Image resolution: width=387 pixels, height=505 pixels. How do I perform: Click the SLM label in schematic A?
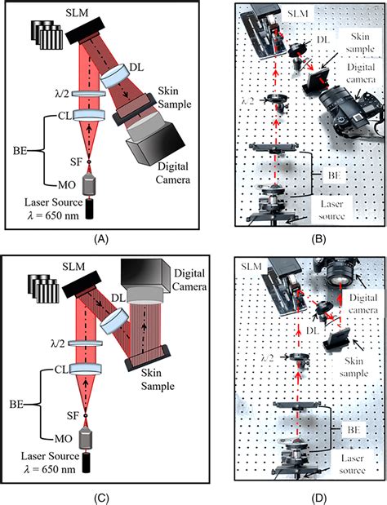point(78,13)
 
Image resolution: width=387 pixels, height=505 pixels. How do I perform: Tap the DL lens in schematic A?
point(113,76)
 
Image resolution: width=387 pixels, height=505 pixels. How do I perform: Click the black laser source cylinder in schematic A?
point(90,210)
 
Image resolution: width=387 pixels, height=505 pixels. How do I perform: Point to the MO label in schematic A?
point(67,185)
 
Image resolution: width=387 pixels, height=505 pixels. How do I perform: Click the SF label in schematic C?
point(73,416)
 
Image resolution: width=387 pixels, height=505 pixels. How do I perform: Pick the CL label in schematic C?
point(61,370)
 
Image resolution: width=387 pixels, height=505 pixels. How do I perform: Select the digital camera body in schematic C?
point(145,276)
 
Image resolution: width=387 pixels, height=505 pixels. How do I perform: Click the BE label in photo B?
point(334,175)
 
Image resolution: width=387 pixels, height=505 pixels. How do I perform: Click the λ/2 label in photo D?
point(267,357)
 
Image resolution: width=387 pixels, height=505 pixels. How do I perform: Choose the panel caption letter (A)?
point(101,239)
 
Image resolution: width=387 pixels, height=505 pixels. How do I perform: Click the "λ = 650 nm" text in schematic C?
point(50,469)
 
